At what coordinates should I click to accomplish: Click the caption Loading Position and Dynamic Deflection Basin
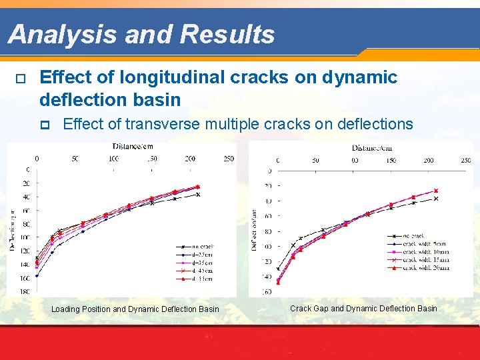135,309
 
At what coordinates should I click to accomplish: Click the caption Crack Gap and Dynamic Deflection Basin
363,308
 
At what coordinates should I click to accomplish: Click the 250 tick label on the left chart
228,159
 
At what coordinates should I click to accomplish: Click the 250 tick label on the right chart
465,160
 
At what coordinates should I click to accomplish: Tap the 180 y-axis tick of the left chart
24,291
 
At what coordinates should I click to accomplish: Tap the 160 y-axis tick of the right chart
267,291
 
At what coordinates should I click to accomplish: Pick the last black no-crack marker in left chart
198,195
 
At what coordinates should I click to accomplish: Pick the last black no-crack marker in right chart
436,198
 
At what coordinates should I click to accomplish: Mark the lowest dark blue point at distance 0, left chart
37,275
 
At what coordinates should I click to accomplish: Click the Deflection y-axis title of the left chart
11,230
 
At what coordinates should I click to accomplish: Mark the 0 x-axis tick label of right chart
278,160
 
